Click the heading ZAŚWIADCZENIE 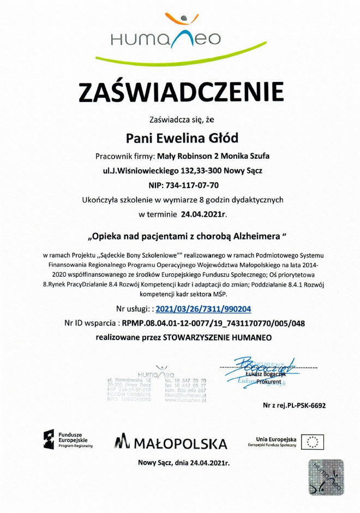tap(182, 92)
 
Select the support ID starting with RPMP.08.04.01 tap(213, 323)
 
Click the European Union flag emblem tap(313, 441)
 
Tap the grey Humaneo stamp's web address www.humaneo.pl tap(185, 400)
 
